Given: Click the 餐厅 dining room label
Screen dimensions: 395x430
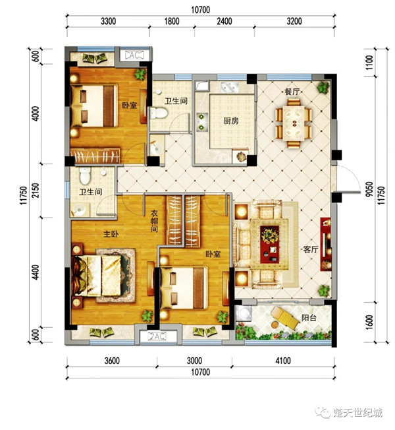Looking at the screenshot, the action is (292, 91).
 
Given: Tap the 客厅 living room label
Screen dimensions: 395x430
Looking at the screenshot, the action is (311, 249).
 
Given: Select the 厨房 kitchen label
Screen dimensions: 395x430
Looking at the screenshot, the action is (231, 121).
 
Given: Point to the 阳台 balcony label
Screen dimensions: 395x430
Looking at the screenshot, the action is (309, 318).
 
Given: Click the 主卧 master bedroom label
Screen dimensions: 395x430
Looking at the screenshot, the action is (111, 233).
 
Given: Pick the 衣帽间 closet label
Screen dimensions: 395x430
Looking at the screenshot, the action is (155, 221).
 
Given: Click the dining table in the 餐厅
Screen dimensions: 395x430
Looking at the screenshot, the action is (294, 123).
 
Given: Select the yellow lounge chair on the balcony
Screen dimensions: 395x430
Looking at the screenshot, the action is (285, 318).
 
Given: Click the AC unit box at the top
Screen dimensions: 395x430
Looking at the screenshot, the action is (134, 55).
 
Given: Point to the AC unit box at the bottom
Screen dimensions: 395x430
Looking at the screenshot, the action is (157, 336).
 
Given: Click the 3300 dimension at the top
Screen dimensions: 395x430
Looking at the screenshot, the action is (109, 21).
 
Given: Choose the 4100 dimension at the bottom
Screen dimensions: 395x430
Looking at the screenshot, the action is (283, 360).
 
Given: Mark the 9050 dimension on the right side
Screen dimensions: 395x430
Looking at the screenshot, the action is (369, 189).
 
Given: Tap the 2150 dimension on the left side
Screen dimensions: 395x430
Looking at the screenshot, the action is (36, 191).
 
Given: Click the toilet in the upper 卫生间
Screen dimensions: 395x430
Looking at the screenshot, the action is (158, 113).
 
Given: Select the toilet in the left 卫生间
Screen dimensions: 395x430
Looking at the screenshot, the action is (85, 176).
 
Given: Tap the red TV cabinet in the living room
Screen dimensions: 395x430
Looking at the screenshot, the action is (326, 244).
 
